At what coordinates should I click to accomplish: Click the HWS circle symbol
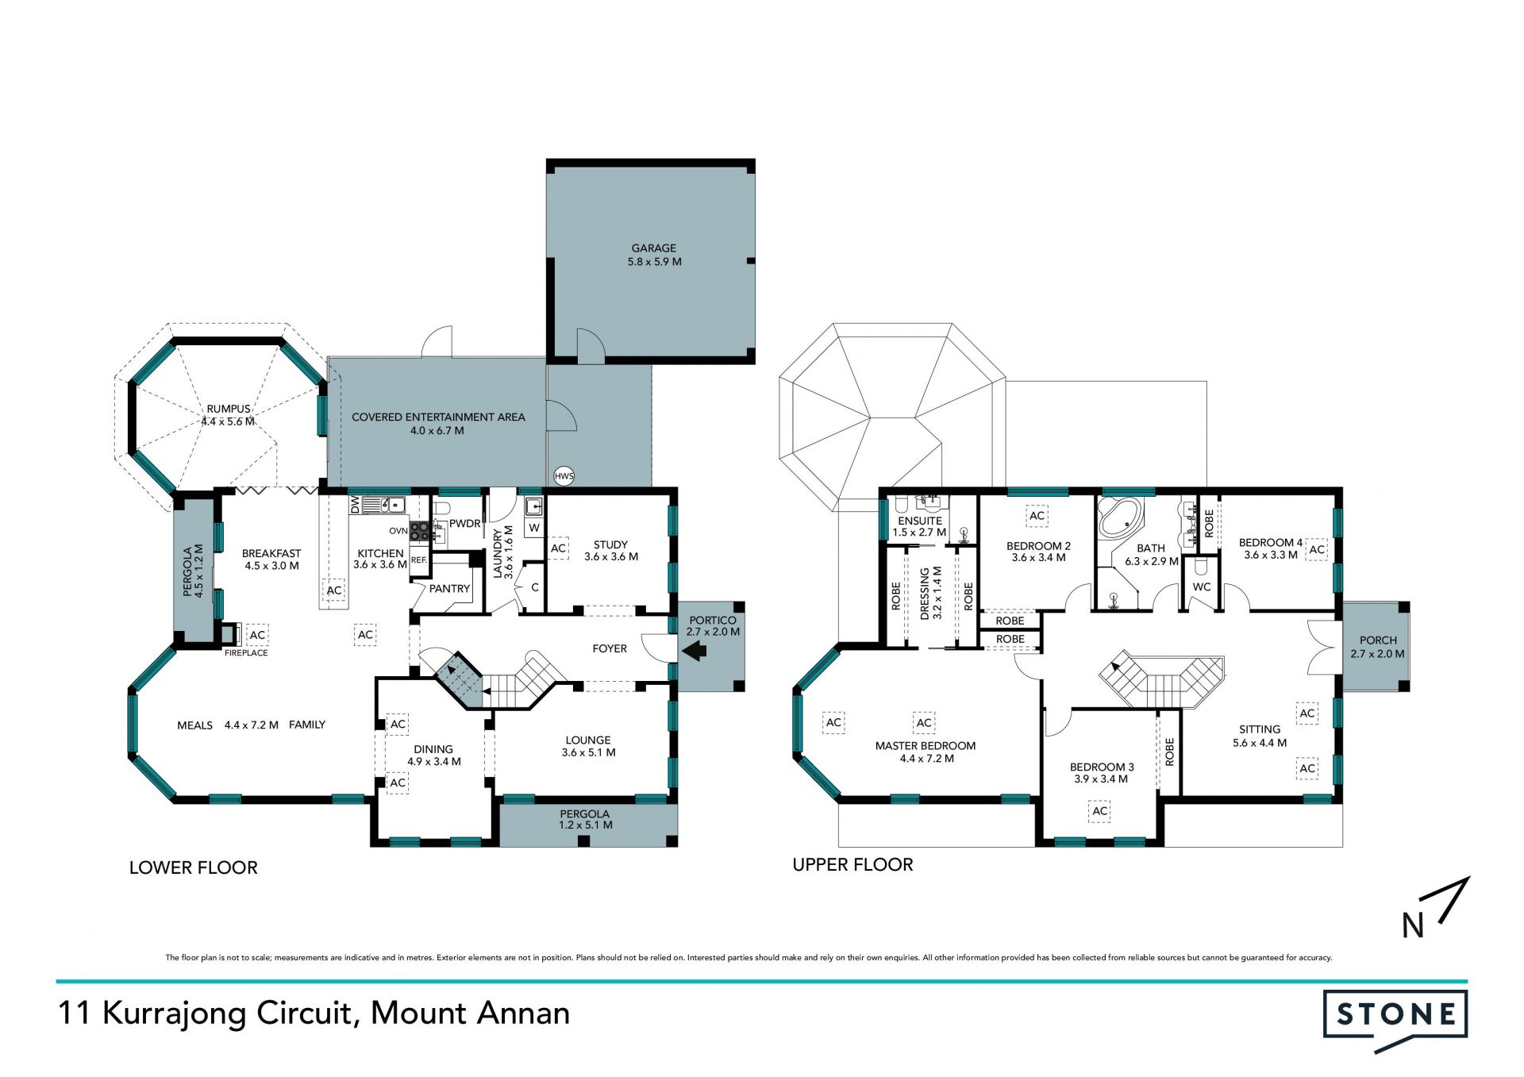point(564,476)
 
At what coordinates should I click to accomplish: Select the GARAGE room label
point(654,248)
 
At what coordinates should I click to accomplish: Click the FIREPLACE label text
point(246,653)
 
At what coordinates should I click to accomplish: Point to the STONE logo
point(1395,1020)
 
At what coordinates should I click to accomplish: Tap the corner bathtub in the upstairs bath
point(1118,517)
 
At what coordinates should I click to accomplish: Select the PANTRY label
point(449,589)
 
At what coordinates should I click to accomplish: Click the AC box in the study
point(559,548)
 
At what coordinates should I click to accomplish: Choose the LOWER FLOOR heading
point(194,867)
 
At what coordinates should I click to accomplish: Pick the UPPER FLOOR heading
point(853,864)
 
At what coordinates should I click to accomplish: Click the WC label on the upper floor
point(1202,587)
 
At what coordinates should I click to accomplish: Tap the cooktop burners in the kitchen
point(420,531)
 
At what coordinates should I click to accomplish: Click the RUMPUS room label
point(229,410)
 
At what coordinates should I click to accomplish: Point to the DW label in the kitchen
point(355,504)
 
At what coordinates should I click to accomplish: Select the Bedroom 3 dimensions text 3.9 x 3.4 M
point(1101,779)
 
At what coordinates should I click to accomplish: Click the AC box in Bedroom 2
point(1037,516)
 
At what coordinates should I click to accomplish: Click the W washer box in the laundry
point(534,528)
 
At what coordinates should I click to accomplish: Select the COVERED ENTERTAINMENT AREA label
point(438,417)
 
